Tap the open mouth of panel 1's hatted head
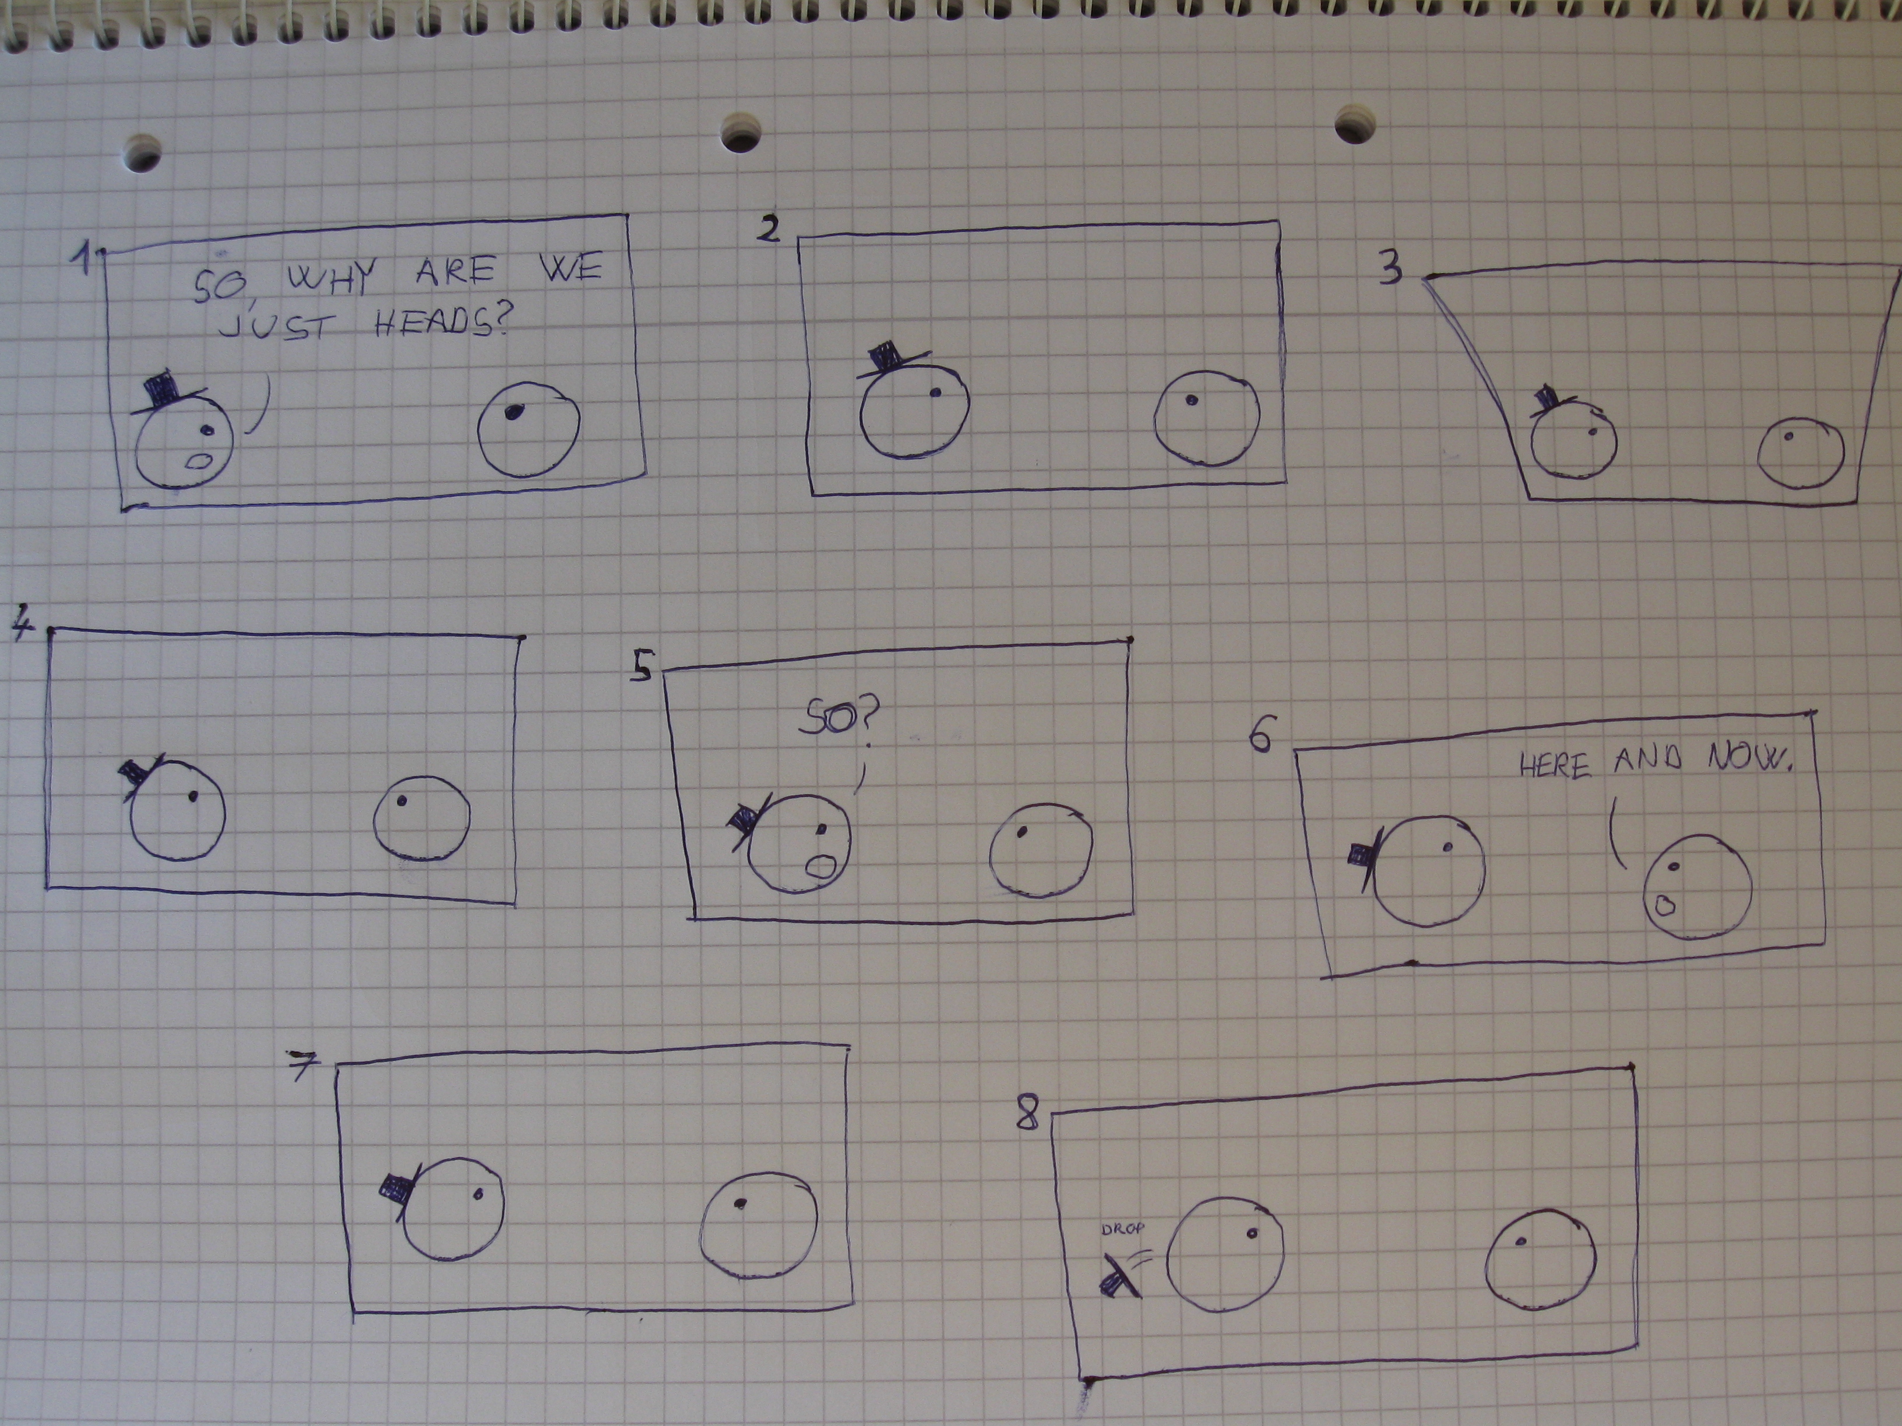[200, 461]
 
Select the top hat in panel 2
[890, 359]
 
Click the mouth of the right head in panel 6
[1665, 904]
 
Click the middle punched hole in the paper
[742, 133]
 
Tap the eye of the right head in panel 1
[513, 412]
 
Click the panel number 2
[769, 229]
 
